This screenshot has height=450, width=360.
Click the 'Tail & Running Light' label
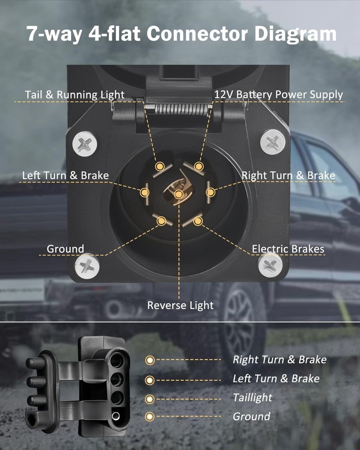[x=75, y=94]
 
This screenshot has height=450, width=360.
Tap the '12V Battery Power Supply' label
[x=279, y=94]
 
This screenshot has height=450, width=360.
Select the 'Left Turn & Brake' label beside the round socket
[x=65, y=175]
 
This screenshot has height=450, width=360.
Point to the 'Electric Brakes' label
[x=288, y=249]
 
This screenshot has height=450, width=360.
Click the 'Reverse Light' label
[x=180, y=306]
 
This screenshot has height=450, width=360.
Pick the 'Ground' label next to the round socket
[x=65, y=249]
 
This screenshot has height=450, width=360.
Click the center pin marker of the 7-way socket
[x=179, y=194]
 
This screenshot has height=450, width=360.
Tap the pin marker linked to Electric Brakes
[x=198, y=221]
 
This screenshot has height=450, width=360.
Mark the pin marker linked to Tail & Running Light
[x=160, y=166]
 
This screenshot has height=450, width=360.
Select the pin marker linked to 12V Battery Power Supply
[x=198, y=166]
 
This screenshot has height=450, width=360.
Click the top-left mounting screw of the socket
[x=85, y=144]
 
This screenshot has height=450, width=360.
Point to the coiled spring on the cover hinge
[x=179, y=109]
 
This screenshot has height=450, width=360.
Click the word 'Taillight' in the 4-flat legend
[x=252, y=397]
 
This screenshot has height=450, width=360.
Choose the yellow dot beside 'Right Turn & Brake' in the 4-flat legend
[x=150, y=360]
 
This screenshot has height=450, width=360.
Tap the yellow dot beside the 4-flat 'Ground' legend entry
[x=149, y=417]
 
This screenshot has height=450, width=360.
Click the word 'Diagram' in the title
[x=295, y=35]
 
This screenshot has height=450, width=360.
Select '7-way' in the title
[x=54, y=34]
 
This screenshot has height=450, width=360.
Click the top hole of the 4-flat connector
[x=116, y=360]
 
